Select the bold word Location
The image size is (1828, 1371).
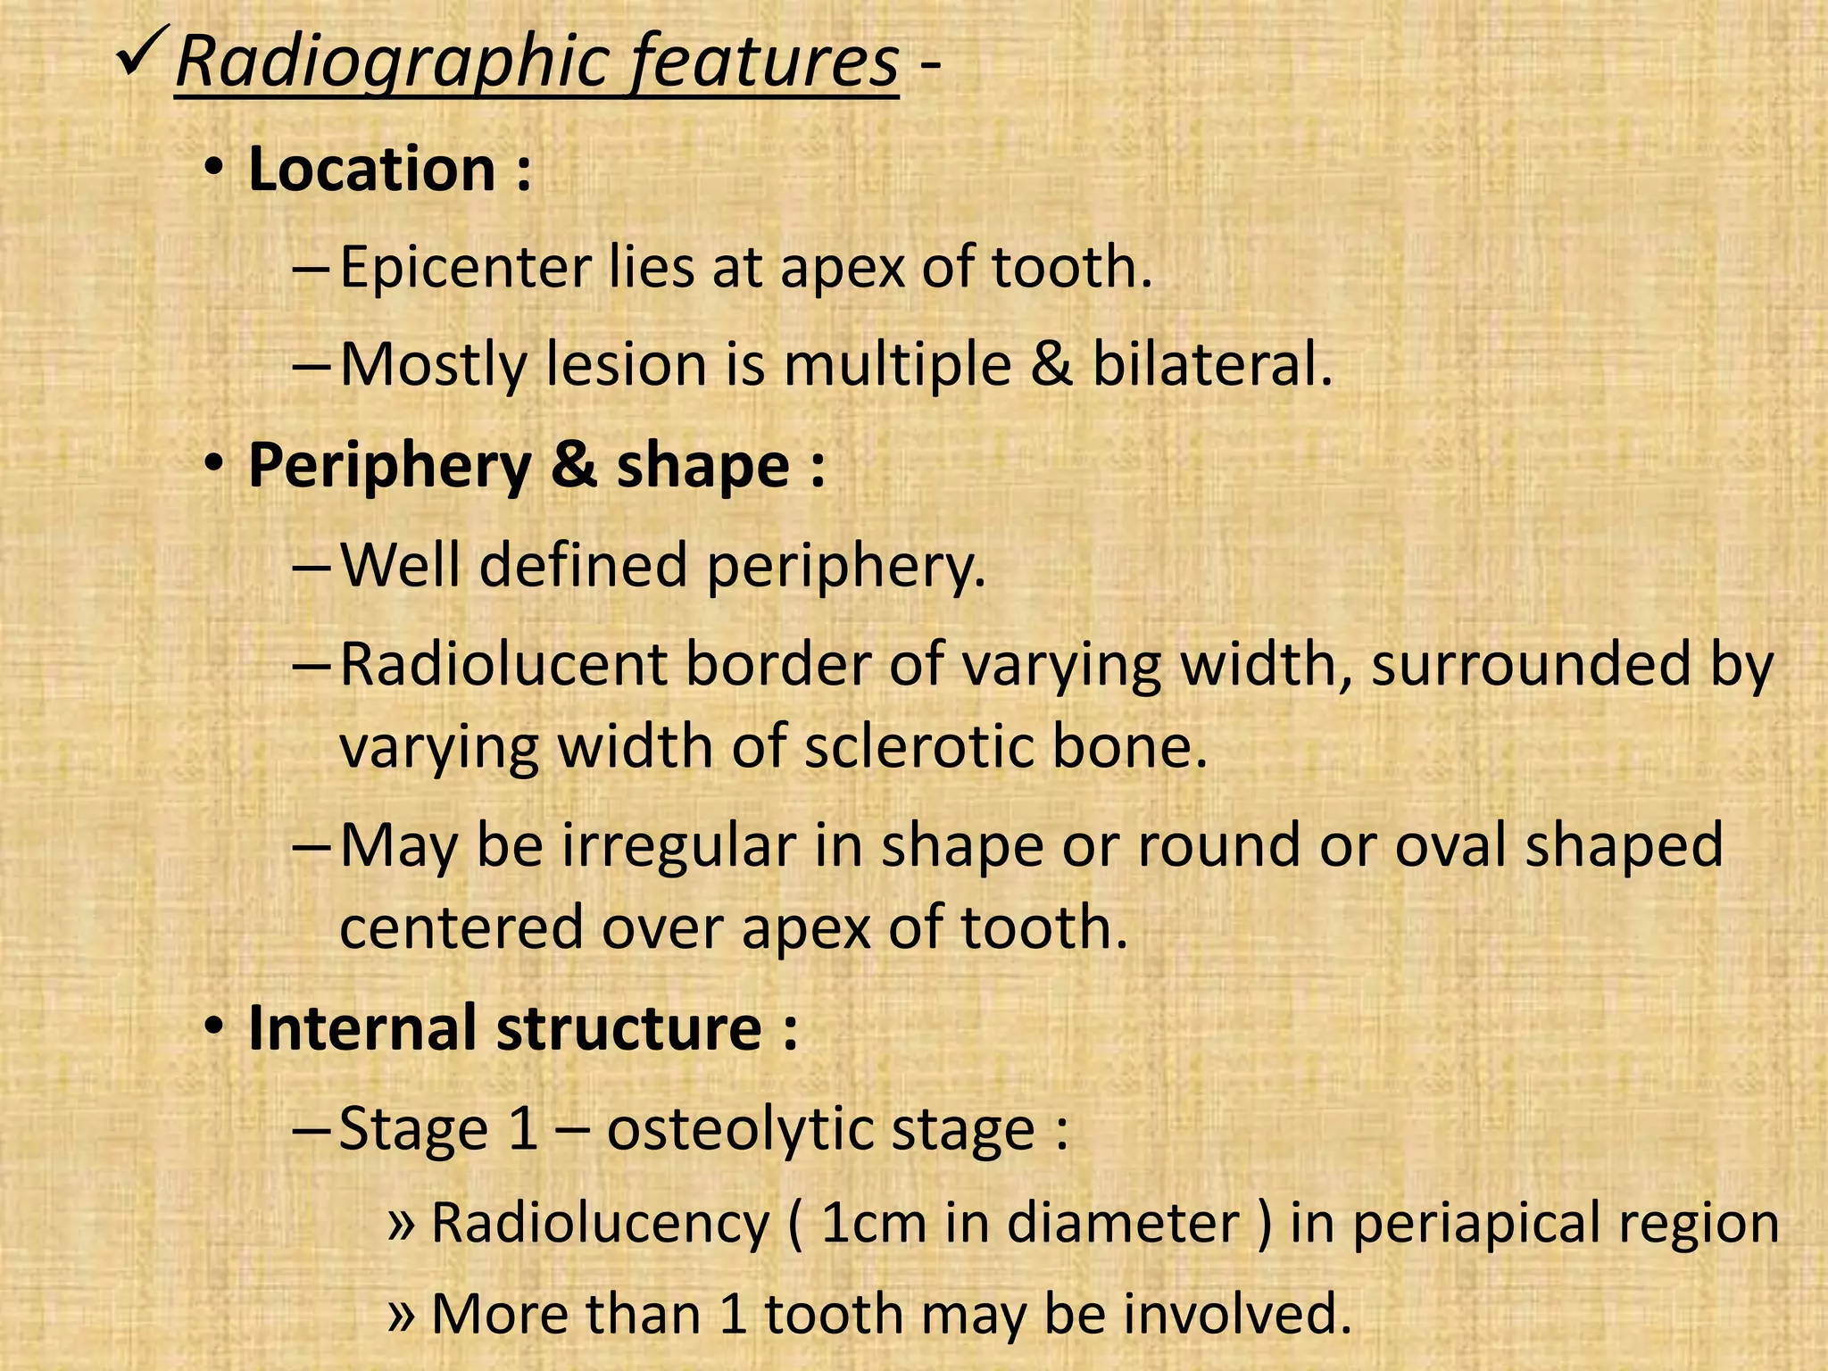[371, 169]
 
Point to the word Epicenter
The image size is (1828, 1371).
[465, 267]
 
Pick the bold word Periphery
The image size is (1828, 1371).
[389, 468]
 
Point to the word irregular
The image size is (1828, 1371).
[678, 845]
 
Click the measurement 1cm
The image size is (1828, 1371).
[873, 1222]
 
